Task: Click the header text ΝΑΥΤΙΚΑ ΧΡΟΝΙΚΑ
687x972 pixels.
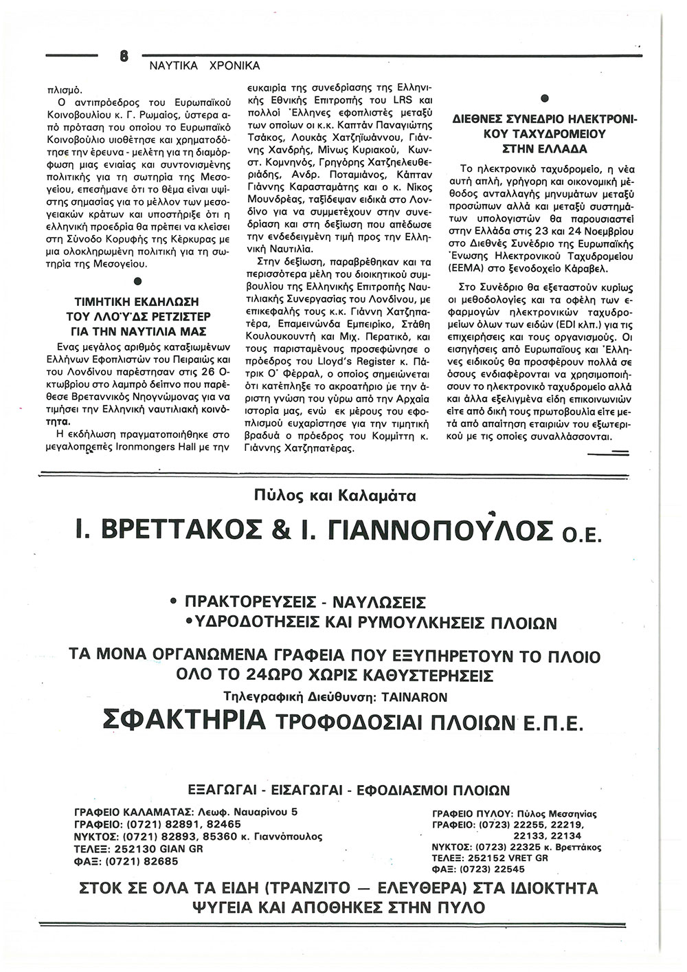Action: (205, 67)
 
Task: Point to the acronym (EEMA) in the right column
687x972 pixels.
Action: (471, 269)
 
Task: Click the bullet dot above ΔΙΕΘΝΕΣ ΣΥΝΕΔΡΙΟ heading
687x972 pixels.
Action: (544, 97)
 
